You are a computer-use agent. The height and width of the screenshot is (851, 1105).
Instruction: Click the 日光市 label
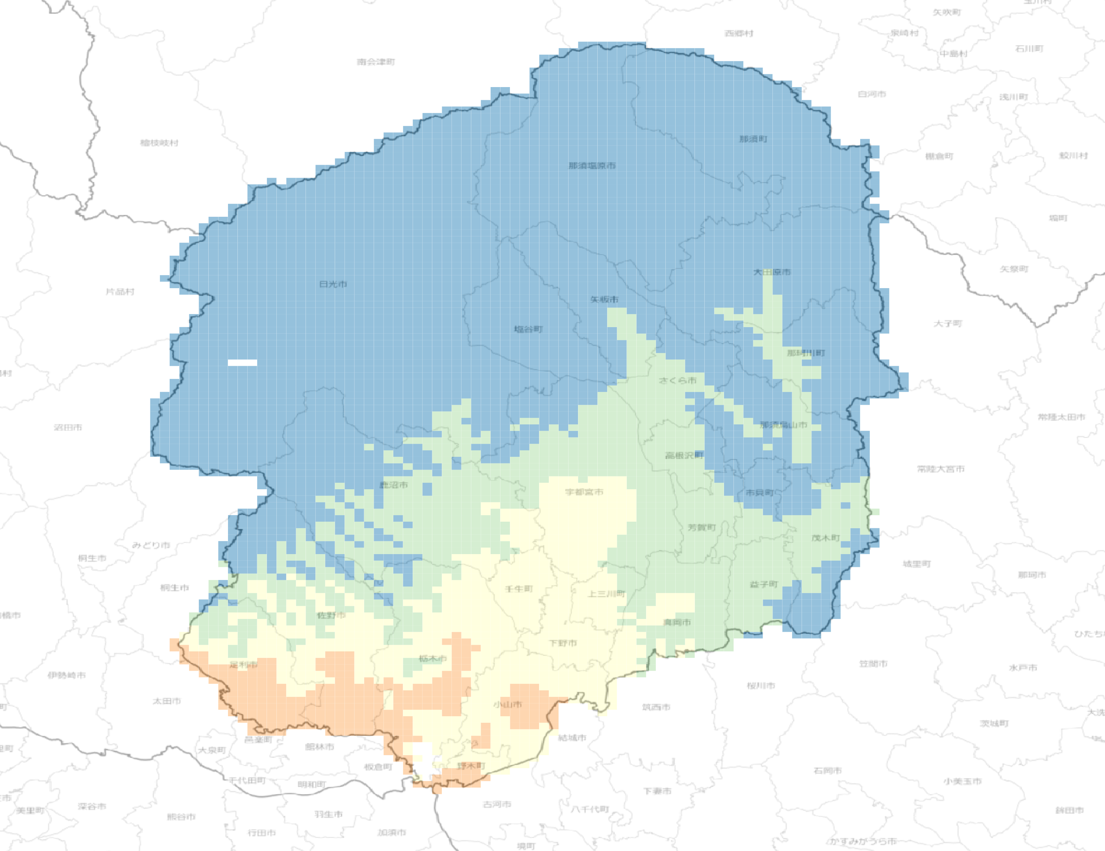333,285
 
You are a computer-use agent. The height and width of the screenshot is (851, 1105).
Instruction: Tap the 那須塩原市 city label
592,166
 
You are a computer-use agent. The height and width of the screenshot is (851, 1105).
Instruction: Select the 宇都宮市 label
584,492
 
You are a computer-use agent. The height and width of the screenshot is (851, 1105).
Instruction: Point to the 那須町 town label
753,139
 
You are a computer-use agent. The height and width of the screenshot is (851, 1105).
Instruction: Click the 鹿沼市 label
394,485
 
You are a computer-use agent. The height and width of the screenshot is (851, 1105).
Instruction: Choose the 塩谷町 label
528,329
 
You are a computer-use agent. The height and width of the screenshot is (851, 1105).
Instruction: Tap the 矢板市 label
604,299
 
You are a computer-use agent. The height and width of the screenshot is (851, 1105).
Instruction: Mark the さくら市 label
677,380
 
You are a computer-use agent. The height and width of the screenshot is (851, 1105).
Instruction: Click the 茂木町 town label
826,538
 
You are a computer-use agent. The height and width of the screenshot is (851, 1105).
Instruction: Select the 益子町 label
763,584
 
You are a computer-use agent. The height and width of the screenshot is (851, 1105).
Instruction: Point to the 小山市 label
507,704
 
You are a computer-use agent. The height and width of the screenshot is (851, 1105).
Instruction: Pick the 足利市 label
243,664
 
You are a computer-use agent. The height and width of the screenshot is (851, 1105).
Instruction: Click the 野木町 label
471,766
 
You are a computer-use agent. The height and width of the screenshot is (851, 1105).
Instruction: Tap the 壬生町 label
519,589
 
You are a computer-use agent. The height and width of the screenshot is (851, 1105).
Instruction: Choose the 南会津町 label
375,62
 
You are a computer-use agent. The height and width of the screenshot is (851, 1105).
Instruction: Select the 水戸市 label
1023,668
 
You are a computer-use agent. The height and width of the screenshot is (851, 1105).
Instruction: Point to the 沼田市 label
68,428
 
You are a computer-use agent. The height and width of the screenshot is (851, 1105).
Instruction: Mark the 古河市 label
497,804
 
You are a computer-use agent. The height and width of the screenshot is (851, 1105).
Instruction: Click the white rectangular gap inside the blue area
242,363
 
